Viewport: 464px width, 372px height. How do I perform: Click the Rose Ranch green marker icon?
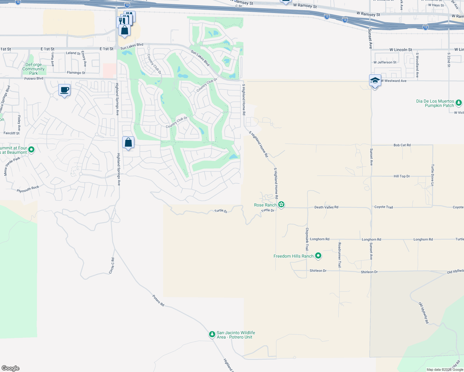[281, 204]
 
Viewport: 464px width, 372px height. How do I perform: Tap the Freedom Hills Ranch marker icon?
[318, 256]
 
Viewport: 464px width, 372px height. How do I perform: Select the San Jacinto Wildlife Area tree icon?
[212, 334]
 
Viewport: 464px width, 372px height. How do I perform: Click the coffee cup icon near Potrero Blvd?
[64, 90]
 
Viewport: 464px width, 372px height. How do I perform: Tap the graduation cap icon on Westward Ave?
[375, 81]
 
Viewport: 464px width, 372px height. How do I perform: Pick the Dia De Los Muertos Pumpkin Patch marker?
[459, 103]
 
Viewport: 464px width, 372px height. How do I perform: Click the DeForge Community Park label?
[33, 69]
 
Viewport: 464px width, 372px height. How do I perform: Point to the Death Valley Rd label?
[326, 207]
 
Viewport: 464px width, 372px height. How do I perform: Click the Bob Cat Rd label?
[402, 145]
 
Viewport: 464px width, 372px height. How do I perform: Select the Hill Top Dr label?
[402, 176]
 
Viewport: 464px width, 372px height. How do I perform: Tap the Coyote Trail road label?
[384, 207]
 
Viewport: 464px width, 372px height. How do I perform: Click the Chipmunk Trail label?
[307, 239]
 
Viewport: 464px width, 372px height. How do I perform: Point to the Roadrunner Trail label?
[340, 255]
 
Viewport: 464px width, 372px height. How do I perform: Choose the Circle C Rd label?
[112, 266]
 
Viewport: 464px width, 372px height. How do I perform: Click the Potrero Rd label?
[158, 301]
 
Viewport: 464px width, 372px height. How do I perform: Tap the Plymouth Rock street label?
[28, 189]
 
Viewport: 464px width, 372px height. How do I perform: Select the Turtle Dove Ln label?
[432, 175]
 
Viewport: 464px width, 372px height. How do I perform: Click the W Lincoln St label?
[401, 50]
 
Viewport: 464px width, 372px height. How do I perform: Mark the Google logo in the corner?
[11, 368]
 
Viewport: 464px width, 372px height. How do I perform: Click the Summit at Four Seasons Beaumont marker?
[31, 150]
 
